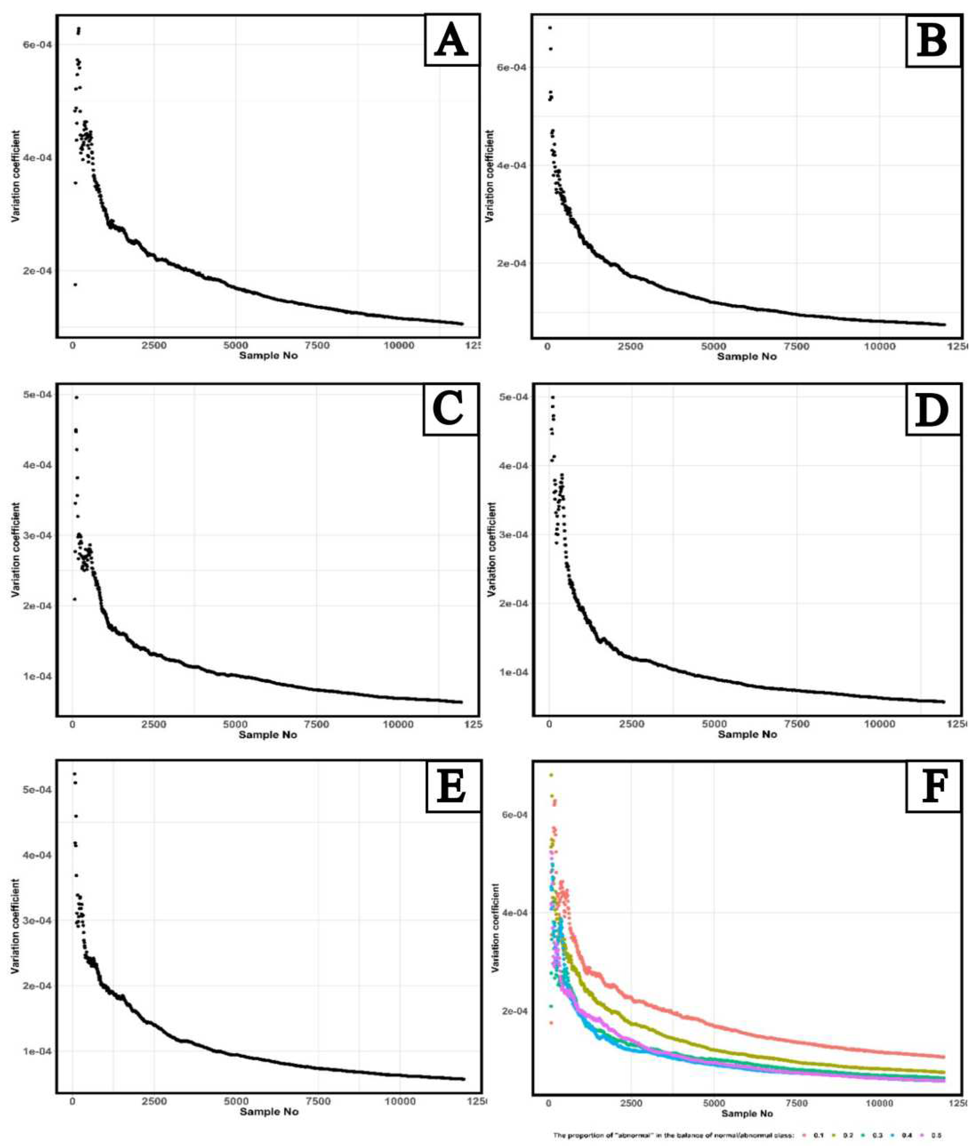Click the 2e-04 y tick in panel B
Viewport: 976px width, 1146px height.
click(514, 263)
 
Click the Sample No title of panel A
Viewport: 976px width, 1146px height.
click(268, 356)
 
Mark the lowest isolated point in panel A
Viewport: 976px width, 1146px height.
click(75, 284)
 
